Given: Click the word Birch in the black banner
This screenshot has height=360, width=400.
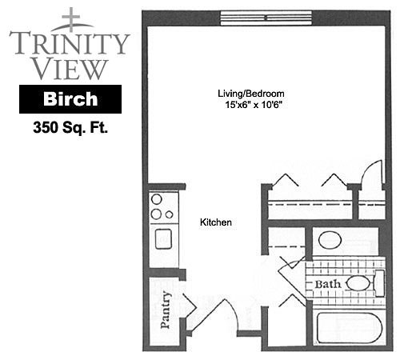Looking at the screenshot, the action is [x=70, y=99].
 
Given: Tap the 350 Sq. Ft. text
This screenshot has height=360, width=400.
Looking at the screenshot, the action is [x=70, y=128].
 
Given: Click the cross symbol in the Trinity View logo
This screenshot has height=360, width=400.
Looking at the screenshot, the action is [x=71, y=19].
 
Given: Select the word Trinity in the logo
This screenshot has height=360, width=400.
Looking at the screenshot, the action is [x=69, y=43].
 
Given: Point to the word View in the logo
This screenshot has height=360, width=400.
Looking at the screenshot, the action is [x=71, y=69].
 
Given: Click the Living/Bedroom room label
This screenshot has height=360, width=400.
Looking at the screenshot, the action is [x=251, y=94].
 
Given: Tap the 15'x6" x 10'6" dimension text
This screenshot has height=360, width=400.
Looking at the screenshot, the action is [x=254, y=105].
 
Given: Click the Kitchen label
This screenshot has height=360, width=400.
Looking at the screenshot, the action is [x=216, y=222].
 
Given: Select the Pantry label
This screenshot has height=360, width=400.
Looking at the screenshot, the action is [x=166, y=310].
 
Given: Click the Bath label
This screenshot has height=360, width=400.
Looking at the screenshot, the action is [x=328, y=284].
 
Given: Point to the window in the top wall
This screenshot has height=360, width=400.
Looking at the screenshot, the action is [x=266, y=18].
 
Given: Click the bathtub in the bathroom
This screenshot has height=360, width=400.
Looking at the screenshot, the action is [x=350, y=328].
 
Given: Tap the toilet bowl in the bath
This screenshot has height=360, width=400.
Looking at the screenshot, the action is [x=359, y=283].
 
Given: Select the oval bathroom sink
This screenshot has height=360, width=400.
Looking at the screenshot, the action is [x=330, y=240].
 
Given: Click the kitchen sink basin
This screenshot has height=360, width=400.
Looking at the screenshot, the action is [x=163, y=239].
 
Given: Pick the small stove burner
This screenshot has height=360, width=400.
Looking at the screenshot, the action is [x=169, y=214].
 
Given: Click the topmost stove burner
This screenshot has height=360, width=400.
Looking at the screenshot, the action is [x=157, y=199].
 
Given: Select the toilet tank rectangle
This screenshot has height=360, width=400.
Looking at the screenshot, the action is [x=380, y=283].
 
